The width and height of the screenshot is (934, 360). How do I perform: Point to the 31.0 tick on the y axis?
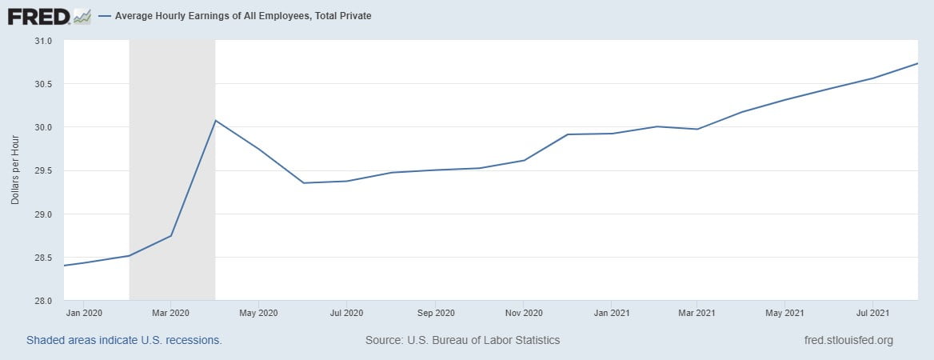coord(42,41)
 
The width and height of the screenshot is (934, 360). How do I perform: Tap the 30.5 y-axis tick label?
coord(42,84)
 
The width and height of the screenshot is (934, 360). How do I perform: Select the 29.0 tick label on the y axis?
coord(42,214)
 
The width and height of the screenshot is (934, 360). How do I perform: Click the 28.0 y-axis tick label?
coord(42,301)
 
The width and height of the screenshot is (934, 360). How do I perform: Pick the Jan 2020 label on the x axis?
coord(83,312)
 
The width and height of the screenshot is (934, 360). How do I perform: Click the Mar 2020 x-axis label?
coord(170,312)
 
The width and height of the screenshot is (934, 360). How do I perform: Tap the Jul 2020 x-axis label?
coord(346,312)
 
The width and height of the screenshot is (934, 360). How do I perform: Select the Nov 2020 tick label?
coord(524,312)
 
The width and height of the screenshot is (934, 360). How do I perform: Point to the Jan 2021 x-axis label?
coord(611,312)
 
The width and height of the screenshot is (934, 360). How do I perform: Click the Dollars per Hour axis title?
coord(15,170)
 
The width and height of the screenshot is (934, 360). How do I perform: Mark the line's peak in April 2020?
coord(215,121)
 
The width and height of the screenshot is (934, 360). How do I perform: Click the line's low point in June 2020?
coord(304,183)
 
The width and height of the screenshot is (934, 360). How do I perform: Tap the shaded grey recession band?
coord(172,160)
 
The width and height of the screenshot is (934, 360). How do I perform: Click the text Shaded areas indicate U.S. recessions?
coord(124,340)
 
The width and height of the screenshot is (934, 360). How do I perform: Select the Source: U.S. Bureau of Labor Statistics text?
coord(462,340)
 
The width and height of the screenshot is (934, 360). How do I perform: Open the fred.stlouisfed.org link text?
coord(848,340)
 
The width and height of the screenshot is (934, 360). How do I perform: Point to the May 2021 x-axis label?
coord(784,312)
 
